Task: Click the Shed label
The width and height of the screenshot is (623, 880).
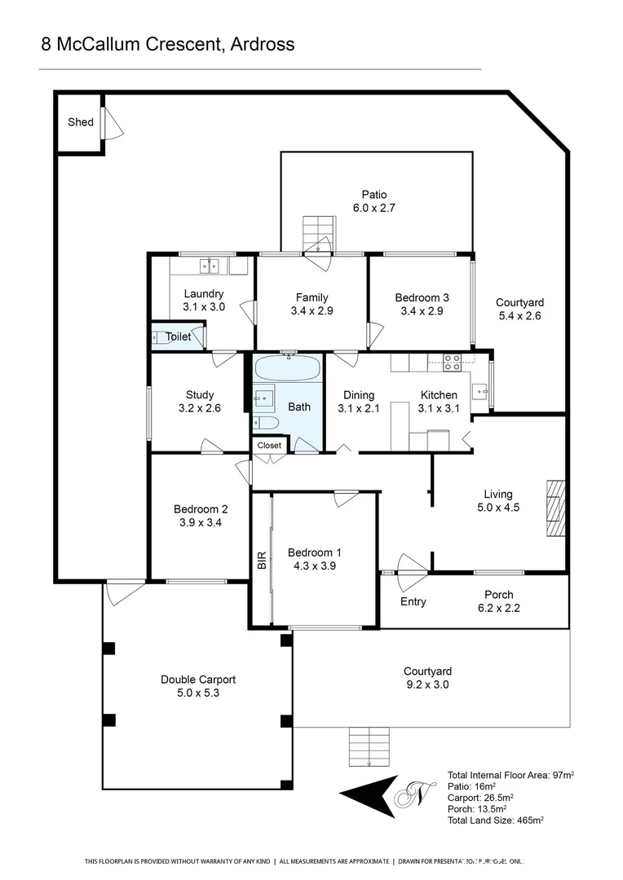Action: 80,122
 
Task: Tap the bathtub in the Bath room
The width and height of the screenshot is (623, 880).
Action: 287,368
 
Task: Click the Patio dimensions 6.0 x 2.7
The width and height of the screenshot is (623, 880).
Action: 374,209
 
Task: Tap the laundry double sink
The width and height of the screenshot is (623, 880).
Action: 210,265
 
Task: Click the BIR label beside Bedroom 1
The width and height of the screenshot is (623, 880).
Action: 262,560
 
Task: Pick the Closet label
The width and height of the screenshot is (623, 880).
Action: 269,446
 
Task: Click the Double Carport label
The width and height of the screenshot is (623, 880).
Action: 198,680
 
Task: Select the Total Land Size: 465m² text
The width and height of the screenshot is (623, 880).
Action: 496,821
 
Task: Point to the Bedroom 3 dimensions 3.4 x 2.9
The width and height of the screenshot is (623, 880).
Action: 422,310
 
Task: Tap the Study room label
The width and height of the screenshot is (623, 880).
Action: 200,395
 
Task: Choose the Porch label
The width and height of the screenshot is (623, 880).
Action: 498,595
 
